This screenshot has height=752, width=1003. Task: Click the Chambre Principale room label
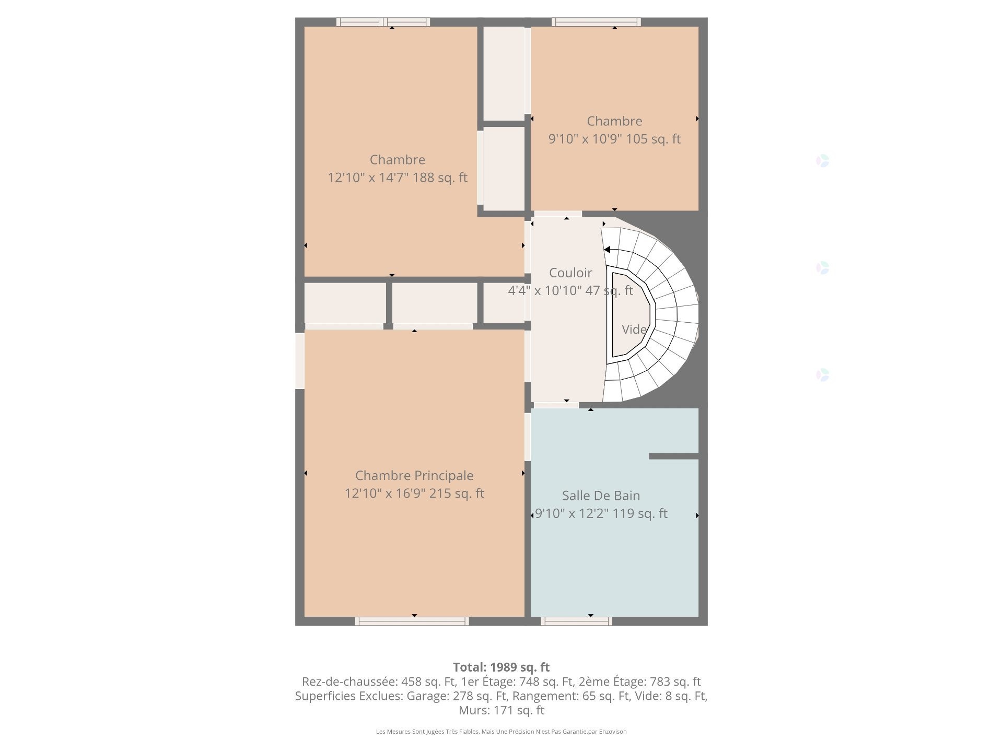414,475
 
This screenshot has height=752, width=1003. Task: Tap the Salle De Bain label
601,495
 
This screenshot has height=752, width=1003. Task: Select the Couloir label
570,273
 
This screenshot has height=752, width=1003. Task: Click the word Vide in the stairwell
634,330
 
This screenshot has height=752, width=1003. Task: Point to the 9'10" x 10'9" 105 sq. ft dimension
614,139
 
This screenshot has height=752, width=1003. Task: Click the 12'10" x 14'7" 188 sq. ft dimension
397,178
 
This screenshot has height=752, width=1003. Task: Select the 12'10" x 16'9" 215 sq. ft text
414,493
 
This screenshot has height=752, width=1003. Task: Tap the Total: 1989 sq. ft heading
501,667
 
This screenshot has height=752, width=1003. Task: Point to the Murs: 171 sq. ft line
501,710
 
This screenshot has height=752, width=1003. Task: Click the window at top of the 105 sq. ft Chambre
596,22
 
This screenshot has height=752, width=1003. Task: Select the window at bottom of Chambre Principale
412,621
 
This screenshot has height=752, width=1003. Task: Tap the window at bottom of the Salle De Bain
576,621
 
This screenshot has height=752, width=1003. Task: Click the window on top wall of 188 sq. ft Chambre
383,22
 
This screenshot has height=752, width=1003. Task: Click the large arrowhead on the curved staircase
607,250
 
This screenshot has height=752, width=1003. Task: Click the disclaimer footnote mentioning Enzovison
501,732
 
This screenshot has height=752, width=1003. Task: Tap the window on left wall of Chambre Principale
300,361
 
